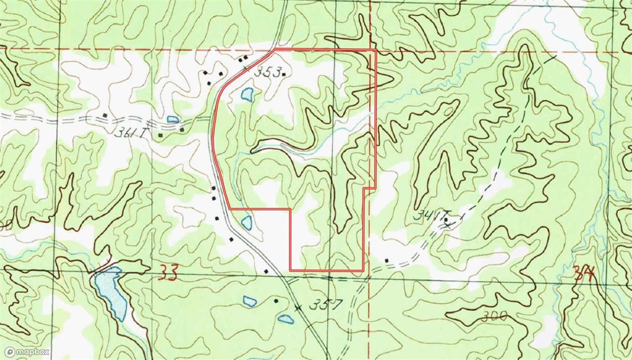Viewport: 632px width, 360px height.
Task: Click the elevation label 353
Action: tap(267, 72)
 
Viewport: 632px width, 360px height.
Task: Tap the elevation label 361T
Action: tap(125, 132)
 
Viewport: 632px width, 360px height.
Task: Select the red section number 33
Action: tap(168, 272)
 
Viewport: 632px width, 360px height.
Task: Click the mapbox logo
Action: tap(27, 352)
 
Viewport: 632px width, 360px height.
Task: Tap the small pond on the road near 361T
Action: tap(173, 119)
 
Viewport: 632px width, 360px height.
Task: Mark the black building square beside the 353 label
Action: tap(284, 75)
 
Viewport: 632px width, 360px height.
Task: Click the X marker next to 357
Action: tap(297, 307)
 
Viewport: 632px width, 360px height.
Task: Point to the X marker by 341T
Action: tap(448, 225)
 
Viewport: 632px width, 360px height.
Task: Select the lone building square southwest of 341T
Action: tap(387, 260)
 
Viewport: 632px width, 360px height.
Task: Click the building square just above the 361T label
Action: tap(105, 116)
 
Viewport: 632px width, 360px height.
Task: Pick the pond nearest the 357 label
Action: tap(285, 319)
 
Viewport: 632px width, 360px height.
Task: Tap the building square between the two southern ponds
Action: tap(276, 300)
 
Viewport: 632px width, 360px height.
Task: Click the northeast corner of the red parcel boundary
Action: tap(376, 50)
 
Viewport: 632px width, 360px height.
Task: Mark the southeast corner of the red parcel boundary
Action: tap(363, 271)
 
